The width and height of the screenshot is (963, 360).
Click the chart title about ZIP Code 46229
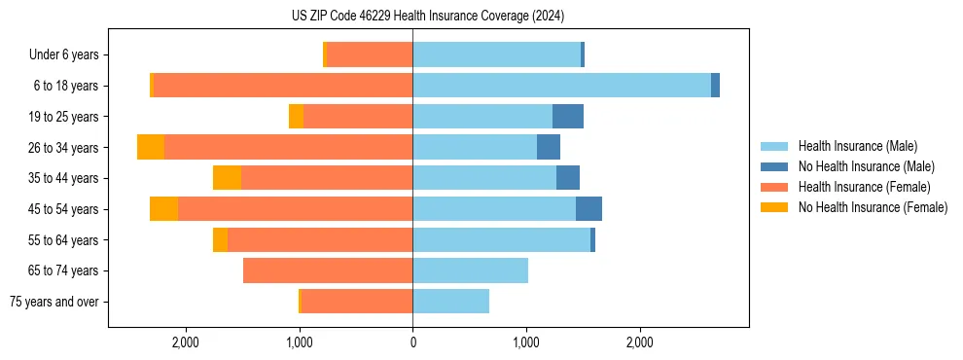click(427, 16)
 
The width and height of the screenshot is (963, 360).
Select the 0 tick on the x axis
click(412, 342)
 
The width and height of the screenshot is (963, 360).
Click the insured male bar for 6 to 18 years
click(561, 86)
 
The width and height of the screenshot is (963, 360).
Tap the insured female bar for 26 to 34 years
click(288, 147)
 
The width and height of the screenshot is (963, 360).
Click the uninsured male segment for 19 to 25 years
click(568, 116)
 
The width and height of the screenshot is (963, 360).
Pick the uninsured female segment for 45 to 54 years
click(163, 208)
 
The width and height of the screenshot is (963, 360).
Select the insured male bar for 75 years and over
click(450, 302)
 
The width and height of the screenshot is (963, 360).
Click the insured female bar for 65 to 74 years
click(328, 270)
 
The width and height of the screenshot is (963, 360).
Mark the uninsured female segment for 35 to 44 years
click(227, 178)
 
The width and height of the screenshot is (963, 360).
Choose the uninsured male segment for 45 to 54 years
click(588, 208)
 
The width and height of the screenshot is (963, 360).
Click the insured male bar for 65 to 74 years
click(470, 270)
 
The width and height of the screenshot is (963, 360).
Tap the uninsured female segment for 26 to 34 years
click(151, 147)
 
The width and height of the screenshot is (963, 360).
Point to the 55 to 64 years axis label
click(63, 239)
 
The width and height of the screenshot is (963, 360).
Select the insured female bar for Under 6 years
click(370, 54)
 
